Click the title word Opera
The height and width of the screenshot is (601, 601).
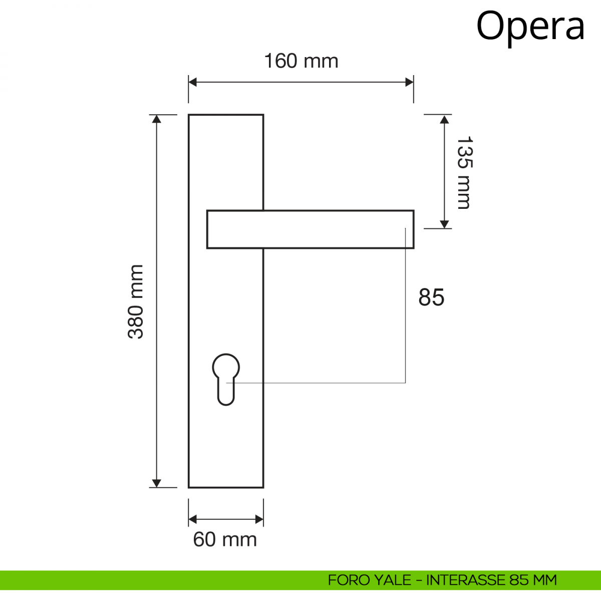pos(530,28)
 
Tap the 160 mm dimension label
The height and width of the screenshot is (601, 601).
pos(301,61)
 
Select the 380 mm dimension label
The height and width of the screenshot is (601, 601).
pos(135,302)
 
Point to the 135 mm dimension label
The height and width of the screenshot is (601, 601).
pos(464,172)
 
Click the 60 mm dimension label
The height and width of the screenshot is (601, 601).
pos(225,539)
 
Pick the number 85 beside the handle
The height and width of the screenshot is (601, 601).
pos(431,297)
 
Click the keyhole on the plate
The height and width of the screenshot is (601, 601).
pos(226,380)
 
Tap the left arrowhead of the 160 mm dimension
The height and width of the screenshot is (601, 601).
pos(192,82)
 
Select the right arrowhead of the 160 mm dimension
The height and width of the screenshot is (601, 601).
pos(410,82)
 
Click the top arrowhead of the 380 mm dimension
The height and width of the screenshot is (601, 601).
pos(156,119)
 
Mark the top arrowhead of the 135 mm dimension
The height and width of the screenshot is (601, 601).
pos(444,119)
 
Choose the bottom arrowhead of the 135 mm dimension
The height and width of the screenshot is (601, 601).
pos(444,224)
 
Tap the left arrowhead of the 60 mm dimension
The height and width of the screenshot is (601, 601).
pos(192,519)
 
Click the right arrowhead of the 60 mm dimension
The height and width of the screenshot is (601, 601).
pos(259,519)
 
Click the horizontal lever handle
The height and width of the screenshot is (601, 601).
pos(311,229)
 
